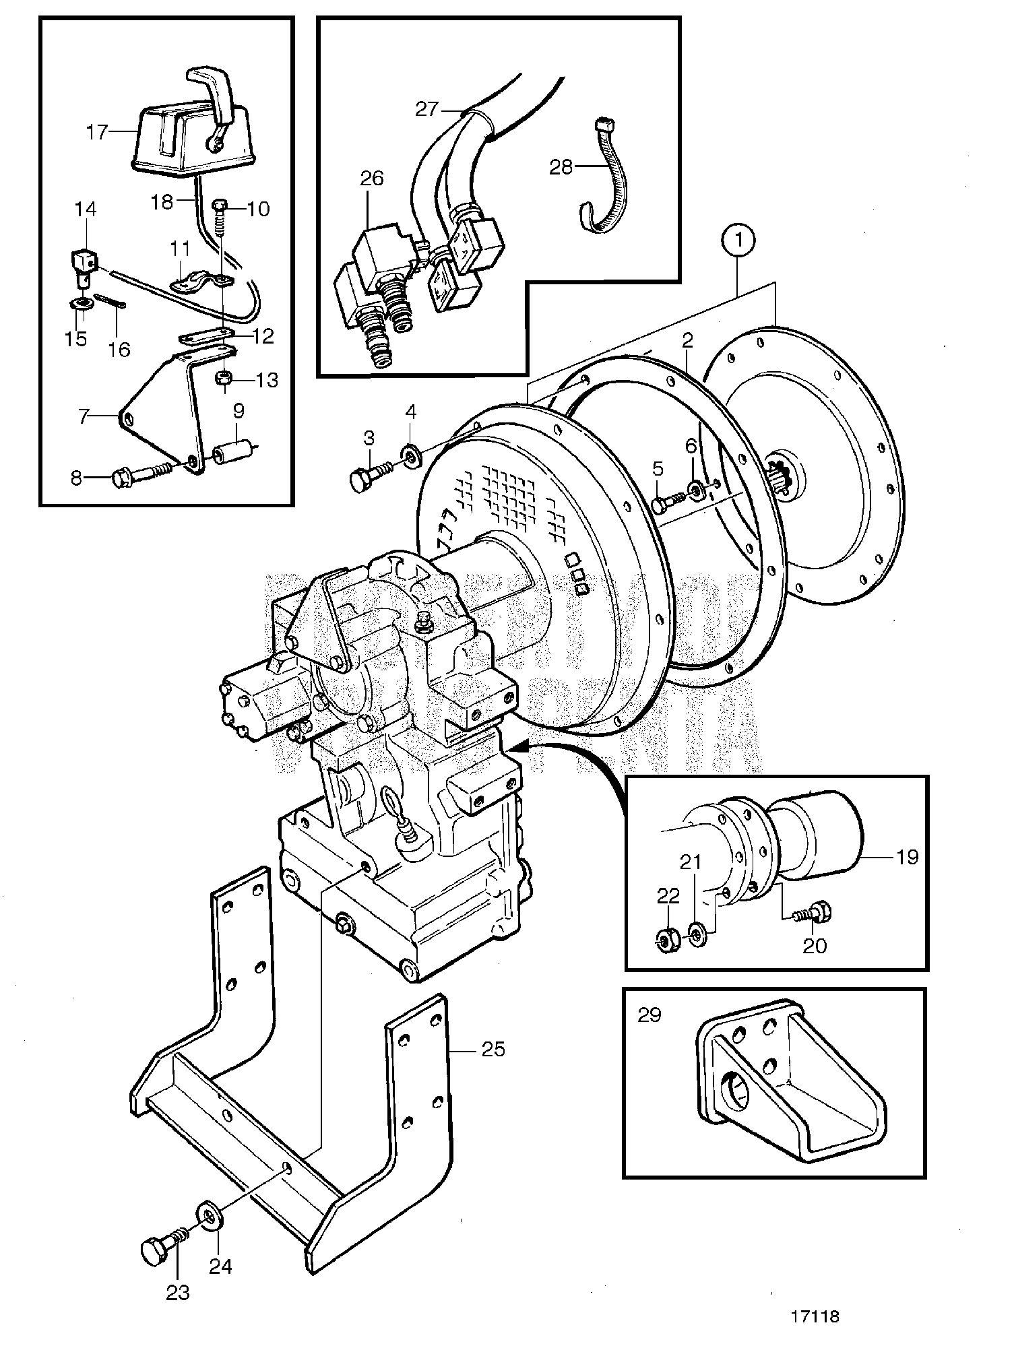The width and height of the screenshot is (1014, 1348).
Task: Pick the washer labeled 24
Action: point(210,1215)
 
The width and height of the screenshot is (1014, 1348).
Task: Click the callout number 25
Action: point(494,1050)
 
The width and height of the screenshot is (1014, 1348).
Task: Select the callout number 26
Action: point(372,179)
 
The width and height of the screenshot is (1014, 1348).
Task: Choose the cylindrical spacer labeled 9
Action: point(233,449)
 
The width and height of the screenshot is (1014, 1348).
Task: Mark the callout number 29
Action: point(649,1015)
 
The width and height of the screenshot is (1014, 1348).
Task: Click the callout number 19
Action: point(907,857)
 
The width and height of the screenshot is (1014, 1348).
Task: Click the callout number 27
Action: point(426,108)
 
